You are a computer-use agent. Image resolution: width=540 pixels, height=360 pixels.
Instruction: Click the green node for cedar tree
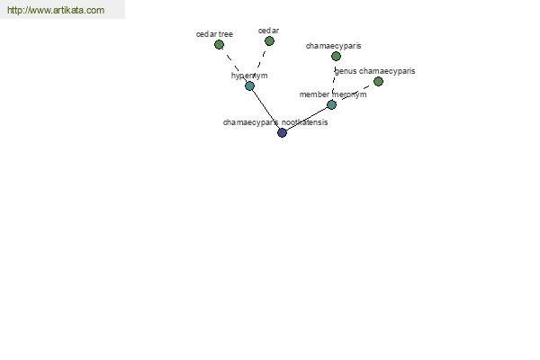(219, 44)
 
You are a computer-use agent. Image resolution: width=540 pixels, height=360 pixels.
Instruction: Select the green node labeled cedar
(269, 41)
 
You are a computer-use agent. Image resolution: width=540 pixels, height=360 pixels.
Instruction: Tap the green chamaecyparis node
(336, 56)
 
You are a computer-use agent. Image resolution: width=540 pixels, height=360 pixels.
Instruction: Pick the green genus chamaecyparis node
(378, 81)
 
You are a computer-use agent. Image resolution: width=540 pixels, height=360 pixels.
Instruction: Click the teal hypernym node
(249, 85)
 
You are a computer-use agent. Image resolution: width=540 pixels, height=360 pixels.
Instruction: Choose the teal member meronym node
(331, 104)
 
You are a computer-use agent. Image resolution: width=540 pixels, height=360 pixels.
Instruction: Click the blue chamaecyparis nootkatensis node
(282, 132)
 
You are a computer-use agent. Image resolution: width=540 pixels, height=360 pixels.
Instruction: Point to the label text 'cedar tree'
(214, 34)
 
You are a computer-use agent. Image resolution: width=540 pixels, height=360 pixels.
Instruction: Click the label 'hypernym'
(249, 76)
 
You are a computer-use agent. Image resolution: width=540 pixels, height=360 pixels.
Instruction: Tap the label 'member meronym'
(333, 94)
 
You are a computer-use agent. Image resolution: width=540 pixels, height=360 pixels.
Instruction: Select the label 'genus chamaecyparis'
(374, 71)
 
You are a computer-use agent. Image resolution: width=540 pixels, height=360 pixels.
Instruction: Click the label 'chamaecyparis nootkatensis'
(275, 122)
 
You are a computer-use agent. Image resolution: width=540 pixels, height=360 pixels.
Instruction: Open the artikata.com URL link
(56, 10)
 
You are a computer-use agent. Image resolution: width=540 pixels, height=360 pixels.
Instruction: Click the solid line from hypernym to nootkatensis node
(265, 109)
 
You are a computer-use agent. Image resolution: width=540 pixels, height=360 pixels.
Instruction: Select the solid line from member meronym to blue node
(307, 119)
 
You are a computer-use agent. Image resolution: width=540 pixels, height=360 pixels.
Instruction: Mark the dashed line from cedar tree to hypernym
(235, 66)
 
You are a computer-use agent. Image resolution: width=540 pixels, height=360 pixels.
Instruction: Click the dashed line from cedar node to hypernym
(260, 63)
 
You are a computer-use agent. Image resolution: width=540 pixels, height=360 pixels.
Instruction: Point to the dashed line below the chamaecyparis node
(334, 80)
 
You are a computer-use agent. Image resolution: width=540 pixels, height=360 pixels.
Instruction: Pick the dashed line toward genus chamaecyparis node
(355, 93)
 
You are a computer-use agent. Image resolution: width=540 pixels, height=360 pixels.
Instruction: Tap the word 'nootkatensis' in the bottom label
(305, 122)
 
